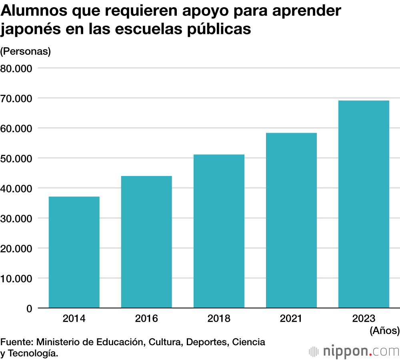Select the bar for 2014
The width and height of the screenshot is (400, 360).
74,252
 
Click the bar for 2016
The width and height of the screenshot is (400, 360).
146,242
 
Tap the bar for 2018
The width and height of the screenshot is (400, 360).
219,231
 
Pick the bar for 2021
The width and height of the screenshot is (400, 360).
291,220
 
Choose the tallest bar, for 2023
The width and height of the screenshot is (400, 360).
364,204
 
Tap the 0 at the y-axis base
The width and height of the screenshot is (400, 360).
29,308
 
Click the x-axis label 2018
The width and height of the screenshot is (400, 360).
219,319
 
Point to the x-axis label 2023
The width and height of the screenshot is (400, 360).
364,319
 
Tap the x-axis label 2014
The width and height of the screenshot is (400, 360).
74,319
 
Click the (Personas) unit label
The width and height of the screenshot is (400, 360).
26,52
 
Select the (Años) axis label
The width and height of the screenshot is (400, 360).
384,330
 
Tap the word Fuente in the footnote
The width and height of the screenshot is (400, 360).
16,342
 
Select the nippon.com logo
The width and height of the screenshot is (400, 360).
354,351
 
